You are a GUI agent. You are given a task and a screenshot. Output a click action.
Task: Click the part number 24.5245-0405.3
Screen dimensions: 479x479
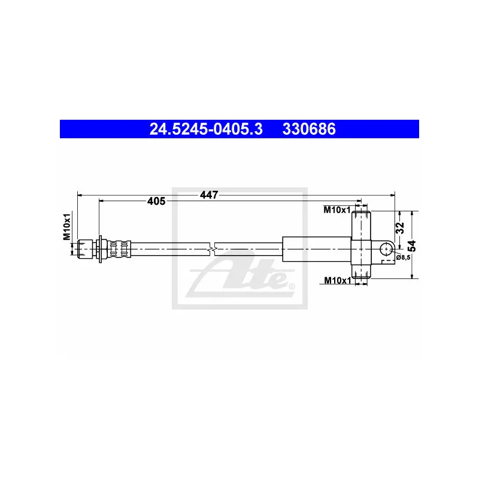click(206, 129)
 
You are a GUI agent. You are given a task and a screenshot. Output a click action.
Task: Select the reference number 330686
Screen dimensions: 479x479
click(309, 129)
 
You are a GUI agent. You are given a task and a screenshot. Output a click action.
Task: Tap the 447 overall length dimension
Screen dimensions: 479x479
click(209, 195)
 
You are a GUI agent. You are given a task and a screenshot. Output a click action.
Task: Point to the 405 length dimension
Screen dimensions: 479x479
click(156, 201)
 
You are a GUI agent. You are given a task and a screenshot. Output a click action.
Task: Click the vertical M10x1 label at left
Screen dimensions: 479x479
click(67, 227)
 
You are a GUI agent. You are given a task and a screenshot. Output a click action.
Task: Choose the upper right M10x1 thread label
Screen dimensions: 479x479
click(337, 210)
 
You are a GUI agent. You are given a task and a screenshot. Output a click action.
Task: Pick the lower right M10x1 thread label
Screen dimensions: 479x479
click(338, 280)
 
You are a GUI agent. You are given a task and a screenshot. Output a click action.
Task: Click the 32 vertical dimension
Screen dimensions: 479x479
click(400, 228)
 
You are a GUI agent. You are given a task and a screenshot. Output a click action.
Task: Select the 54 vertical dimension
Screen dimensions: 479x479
click(412, 245)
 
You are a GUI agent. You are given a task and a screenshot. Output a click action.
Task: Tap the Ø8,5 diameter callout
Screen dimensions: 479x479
click(403, 257)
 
